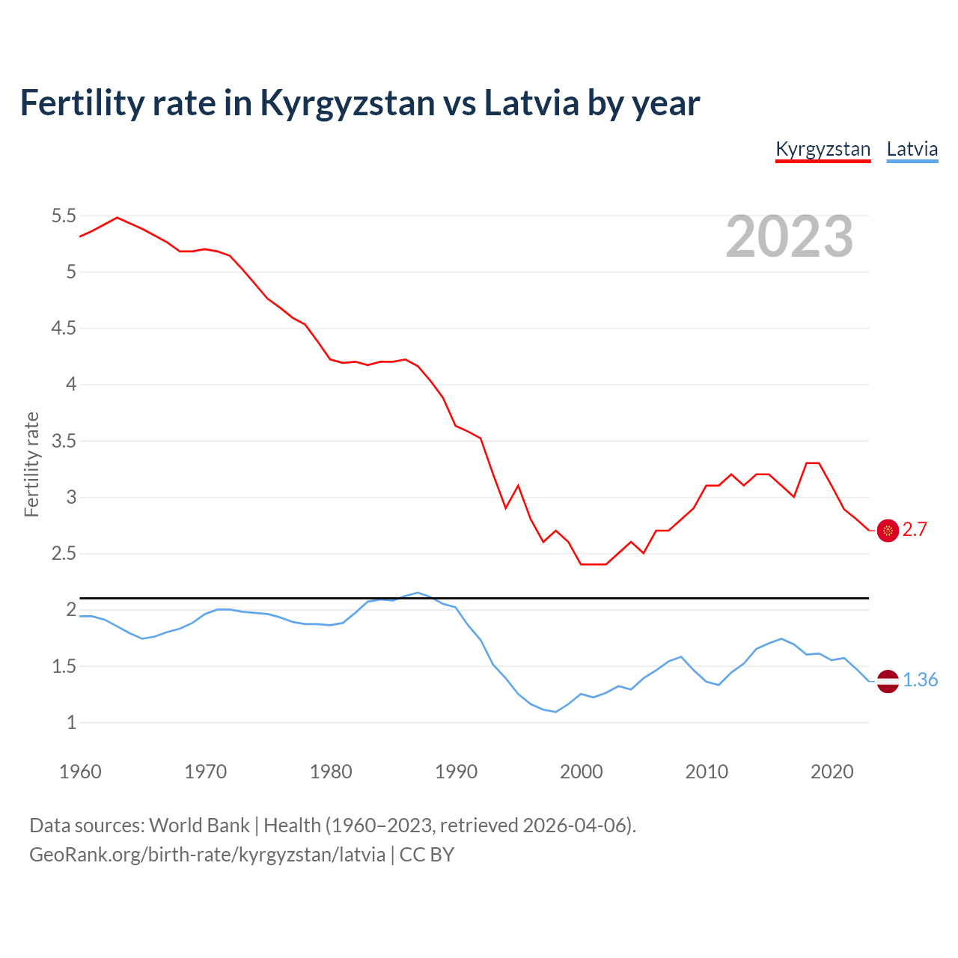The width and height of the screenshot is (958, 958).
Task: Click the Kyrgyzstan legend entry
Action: pyautogui.click(x=823, y=149)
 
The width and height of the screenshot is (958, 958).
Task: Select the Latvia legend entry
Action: pyautogui.click(x=912, y=149)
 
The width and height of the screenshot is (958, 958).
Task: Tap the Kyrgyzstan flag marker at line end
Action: pyautogui.click(x=888, y=531)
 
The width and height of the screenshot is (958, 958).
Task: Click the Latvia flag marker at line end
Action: pyautogui.click(x=888, y=680)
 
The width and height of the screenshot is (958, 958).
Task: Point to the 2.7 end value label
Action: pyautogui.click(x=915, y=530)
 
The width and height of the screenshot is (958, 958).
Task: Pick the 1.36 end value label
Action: pyautogui.click(x=920, y=680)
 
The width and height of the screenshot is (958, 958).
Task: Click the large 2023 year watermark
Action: pyautogui.click(x=789, y=237)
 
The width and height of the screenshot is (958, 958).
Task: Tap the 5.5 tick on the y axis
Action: pyautogui.click(x=64, y=216)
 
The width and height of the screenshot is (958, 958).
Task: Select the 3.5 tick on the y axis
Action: pyautogui.click(x=64, y=441)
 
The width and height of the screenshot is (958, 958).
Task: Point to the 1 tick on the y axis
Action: pyautogui.click(x=71, y=723)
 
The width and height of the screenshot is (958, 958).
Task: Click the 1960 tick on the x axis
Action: pyautogui.click(x=80, y=772)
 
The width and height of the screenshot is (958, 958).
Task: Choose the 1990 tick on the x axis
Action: pyautogui.click(x=456, y=772)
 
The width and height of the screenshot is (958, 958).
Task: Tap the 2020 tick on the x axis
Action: pyautogui.click(x=832, y=772)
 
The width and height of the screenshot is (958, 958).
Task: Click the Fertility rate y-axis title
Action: pyautogui.click(x=31, y=464)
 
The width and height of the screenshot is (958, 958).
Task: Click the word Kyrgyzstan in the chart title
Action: pyautogui.click(x=347, y=103)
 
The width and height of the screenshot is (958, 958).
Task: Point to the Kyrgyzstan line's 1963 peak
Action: pyautogui.click(x=117, y=218)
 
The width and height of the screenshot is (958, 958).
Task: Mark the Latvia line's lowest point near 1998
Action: pyautogui.click(x=555, y=712)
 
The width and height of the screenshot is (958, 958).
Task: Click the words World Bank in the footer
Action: pyautogui.click(x=199, y=826)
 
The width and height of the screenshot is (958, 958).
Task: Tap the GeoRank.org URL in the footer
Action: pyautogui.click(x=207, y=855)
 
